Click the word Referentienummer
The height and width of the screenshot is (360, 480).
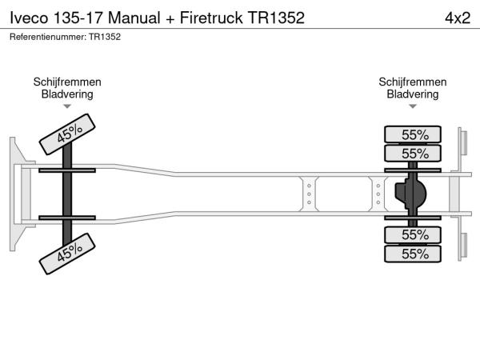pyautogui.click(x=46, y=36)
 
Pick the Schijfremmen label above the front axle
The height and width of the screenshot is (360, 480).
pyautogui.click(x=67, y=82)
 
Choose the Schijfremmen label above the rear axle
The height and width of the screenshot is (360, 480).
pyautogui.click(x=413, y=82)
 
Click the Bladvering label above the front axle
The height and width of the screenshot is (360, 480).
pyautogui.click(x=67, y=94)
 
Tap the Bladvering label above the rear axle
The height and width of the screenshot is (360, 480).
pyautogui.click(x=413, y=94)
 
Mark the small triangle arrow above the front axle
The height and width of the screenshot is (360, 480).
pyautogui.click(x=67, y=106)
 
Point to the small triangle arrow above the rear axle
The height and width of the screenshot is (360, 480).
pyautogui.click(x=413, y=106)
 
